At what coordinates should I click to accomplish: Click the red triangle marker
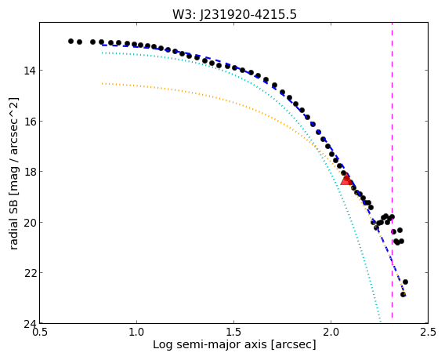346,180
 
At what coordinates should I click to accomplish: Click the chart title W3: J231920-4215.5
234,15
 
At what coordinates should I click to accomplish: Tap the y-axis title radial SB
13,173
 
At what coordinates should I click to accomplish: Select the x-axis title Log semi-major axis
234,344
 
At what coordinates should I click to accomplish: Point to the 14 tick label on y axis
30,70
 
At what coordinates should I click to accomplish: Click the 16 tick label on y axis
30,121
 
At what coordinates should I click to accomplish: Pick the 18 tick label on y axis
30,172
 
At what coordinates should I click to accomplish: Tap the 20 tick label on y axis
30,222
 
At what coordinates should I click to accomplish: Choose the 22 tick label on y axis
30,273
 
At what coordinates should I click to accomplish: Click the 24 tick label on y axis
30,323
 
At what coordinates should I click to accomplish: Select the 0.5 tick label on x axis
40,332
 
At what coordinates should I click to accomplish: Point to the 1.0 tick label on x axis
137,332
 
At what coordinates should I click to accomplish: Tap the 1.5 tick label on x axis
233,332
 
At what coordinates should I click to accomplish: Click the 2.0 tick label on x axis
331,332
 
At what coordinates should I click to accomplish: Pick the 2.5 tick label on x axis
428,332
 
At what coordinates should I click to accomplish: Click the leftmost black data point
71,42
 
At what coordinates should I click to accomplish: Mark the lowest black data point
403,294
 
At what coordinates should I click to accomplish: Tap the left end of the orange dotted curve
102,84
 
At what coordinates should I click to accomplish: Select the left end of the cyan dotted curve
102,53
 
